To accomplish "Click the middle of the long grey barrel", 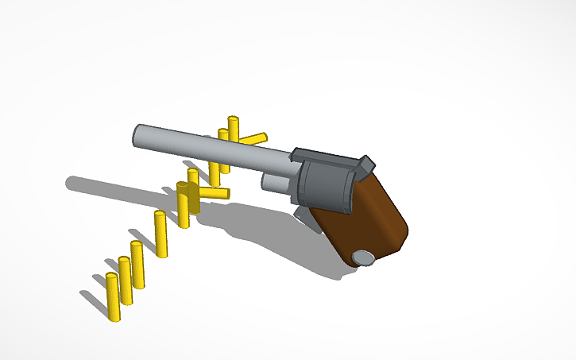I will coord(215,148).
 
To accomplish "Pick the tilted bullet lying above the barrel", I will coord(252,139).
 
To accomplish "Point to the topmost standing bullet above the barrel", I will coord(233,128).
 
